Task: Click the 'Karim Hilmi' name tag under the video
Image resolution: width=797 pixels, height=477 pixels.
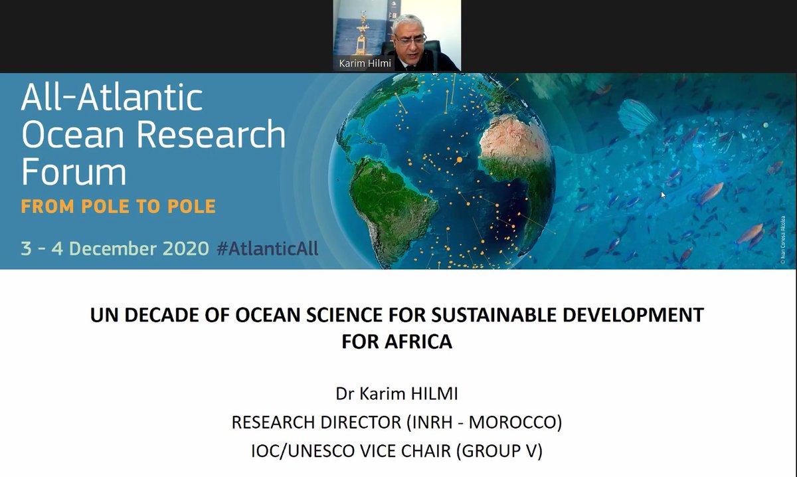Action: point(364,64)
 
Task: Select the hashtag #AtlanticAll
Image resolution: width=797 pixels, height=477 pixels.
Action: point(268,248)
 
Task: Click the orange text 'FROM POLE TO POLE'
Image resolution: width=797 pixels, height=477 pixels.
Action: point(118,206)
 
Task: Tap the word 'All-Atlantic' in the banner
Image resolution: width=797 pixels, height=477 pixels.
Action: point(112,98)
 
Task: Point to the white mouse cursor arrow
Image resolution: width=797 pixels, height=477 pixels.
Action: point(662,195)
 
